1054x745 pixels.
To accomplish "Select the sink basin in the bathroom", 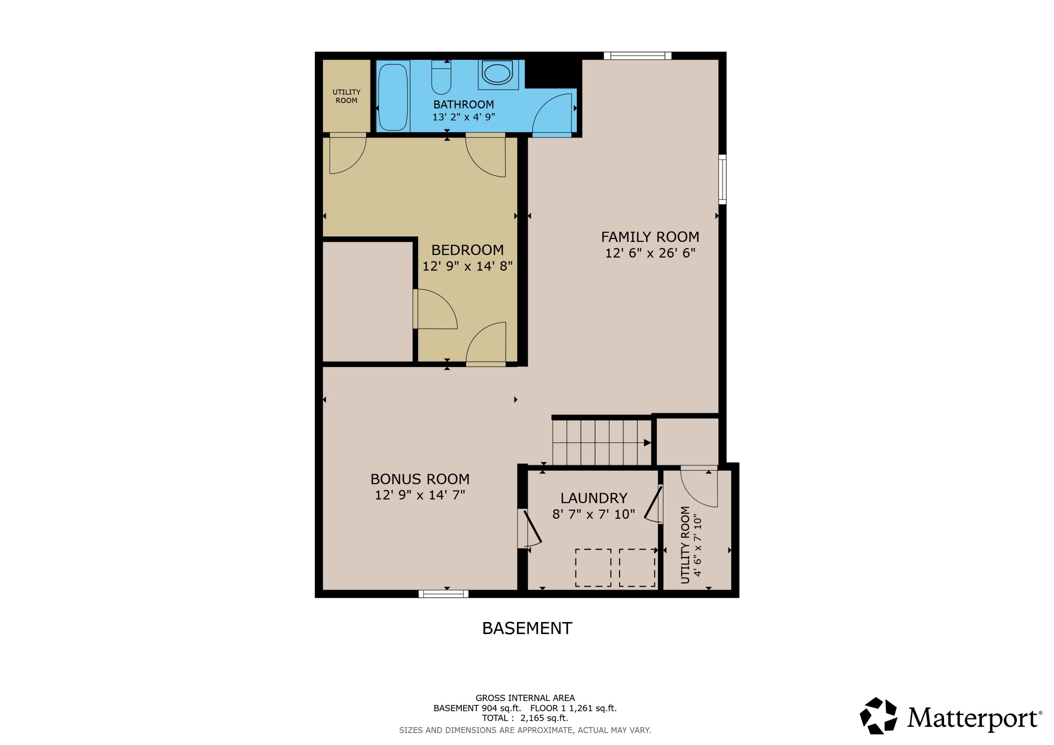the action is point(497,73).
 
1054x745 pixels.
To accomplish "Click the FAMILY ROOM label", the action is point(650,237).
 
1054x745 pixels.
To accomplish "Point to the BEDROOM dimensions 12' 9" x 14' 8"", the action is point(467,266).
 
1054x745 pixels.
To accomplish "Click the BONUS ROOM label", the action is point(420,479).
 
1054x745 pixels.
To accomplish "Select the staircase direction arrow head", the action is point(647,443).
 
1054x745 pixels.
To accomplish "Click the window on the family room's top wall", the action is point(638,56).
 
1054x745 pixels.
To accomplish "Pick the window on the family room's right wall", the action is point(722,179).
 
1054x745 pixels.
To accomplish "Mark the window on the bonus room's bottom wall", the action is point(443,594).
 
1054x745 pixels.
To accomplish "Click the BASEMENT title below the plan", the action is point(527,628).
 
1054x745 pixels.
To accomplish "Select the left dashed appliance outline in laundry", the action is point(593,568).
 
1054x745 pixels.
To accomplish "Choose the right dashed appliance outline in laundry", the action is point(637,568).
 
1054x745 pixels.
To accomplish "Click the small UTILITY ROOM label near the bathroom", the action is point(346,96).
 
